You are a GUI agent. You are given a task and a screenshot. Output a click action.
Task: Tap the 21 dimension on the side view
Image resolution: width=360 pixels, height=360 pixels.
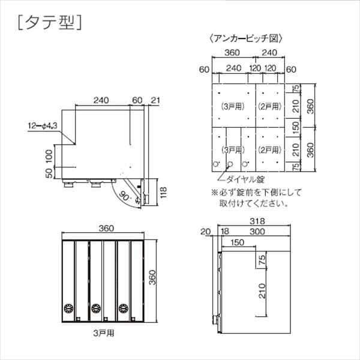(156, 100)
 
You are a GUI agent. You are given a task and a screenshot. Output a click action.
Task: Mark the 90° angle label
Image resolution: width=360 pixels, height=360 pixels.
(125, 195)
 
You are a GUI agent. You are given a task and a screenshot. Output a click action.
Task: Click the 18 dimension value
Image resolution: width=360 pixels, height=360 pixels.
(226, 231)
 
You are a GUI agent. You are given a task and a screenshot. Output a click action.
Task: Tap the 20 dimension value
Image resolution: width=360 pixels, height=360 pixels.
(207, 231)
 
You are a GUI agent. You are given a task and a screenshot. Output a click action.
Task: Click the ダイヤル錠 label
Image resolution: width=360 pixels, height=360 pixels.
(244, 179)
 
